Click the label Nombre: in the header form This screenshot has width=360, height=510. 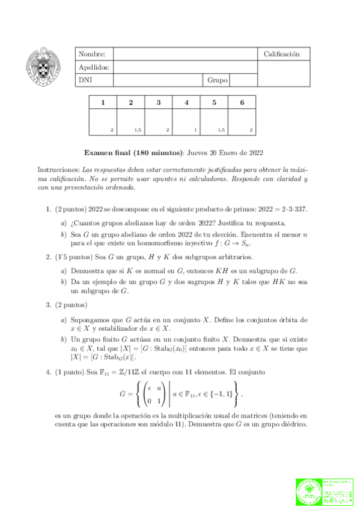[91, 54]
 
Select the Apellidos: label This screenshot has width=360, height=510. [94, 67]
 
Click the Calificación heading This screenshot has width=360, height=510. [281, 54]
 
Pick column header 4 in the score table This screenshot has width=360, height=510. [186, 102]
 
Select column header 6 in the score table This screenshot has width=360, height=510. [242, 102]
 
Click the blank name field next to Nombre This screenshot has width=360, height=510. [185, 54]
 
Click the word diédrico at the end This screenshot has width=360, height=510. [290, 423]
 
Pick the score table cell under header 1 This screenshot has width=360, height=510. [103, 122]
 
